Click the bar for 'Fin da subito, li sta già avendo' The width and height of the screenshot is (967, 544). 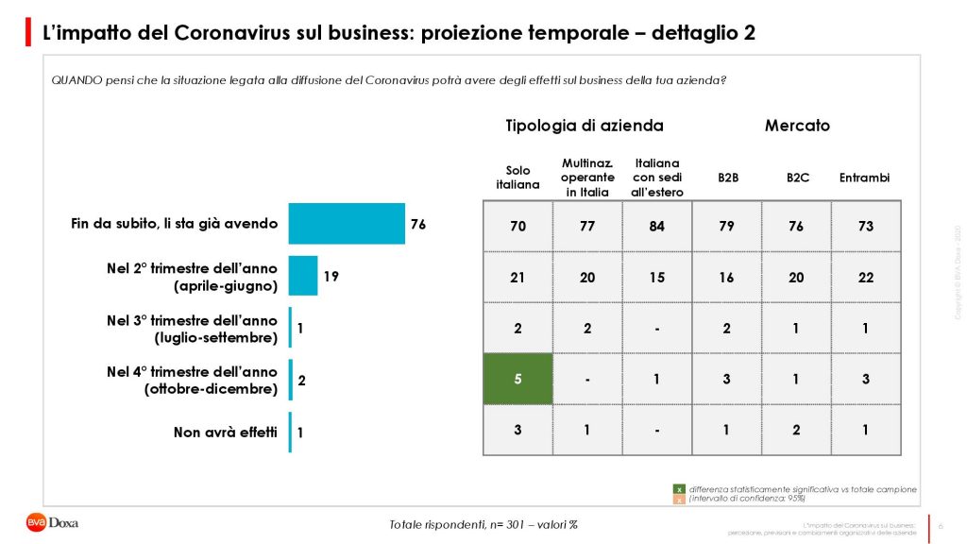(x=346, y=224)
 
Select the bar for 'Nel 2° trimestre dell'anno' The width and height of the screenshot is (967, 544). (x=303, y=276)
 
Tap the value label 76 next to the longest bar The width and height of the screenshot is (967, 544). (x=418, y=225)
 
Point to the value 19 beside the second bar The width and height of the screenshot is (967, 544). (x=331, y=277)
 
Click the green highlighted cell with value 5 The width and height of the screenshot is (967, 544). (x=517, y=380)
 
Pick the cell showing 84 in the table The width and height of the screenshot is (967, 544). (x=657, y=227)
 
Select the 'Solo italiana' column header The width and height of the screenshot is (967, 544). (x=517, y=178)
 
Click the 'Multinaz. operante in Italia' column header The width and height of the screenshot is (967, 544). (x=587, y=178)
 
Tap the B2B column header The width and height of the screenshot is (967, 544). (x=727, y=178)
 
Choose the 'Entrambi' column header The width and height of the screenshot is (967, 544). (x=865, y=178)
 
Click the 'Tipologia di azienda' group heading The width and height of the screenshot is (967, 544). (x=585, y=126)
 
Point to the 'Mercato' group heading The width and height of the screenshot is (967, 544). (x=797, y=126)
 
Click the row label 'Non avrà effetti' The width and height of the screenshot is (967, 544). (x=225, y=433)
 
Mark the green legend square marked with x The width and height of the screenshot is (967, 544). (x=678, y=489)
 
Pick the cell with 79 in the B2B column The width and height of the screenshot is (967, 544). (x=727, y=227)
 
